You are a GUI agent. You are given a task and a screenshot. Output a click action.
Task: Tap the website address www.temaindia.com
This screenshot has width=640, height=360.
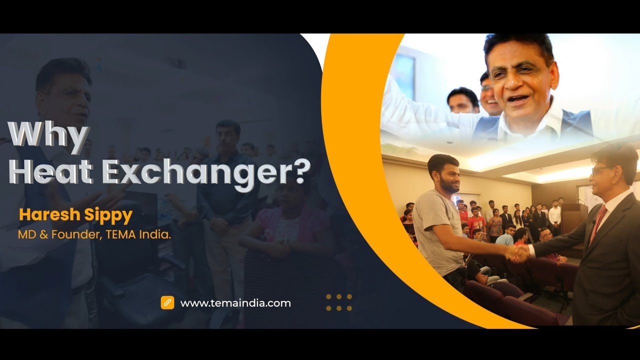(235, 303)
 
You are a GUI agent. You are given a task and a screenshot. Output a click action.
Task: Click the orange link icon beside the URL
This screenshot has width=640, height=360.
(167, 302)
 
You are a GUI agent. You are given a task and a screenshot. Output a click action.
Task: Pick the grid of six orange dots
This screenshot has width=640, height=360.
(339, 302)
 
